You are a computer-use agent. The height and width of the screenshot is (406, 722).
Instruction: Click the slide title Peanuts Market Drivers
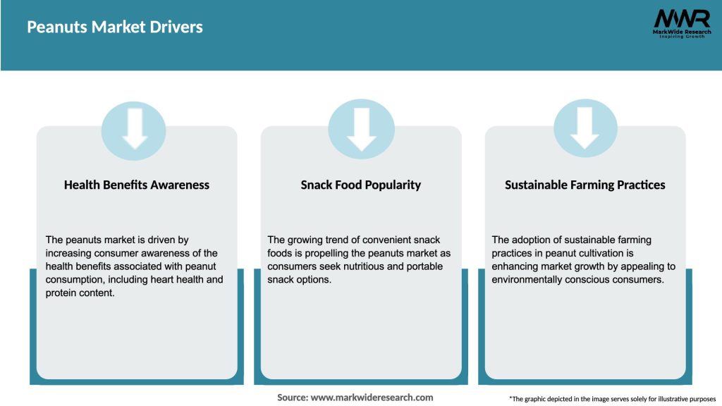pos(115,27)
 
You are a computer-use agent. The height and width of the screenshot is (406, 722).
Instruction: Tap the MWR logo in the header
pos(682,23)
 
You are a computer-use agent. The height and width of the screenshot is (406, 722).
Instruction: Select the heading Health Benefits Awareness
pos(136,185)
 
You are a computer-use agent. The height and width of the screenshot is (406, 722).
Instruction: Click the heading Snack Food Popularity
pos(360,185)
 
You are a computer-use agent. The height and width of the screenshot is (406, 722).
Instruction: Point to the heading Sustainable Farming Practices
pos(585,185)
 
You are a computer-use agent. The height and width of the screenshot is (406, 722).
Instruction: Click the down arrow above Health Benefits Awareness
pos(134,128)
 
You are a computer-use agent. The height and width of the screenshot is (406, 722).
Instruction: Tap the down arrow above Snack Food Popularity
pos(362,129)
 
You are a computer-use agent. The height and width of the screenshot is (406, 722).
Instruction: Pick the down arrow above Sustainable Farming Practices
pos(585,128)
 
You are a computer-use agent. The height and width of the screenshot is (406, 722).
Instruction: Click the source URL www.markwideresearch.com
pos(372,398)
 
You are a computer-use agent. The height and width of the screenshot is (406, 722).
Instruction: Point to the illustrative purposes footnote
pos(613,399)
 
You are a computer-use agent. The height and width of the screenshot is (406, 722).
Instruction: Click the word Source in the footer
pos(293,398)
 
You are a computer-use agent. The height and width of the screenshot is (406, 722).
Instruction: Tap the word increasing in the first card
pos(68,253)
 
